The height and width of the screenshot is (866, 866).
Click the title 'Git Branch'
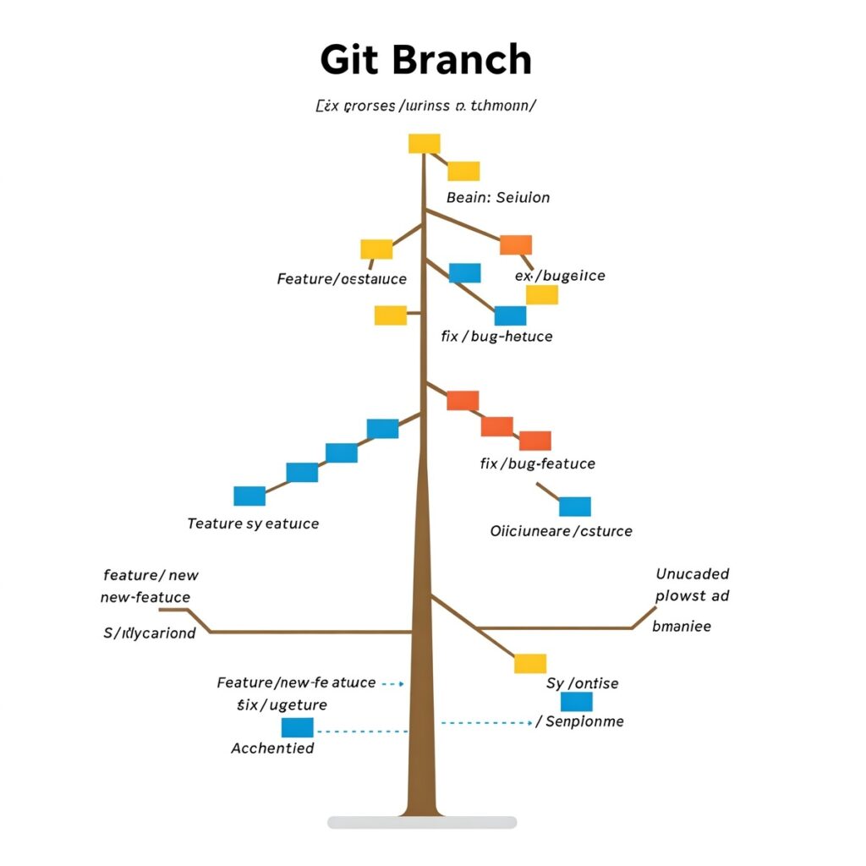click(x=425, y=61)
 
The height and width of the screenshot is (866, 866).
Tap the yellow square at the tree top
click(x=424, y=143)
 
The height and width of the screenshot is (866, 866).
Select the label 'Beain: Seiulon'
click(x=497, y=197)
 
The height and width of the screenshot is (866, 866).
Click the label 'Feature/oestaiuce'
click(x=342, y=278)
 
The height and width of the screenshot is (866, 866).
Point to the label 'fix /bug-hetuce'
click(x=496, y=336)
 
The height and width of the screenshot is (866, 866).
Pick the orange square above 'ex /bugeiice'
click(x=516, y=244)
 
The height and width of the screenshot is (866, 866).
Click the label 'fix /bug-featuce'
click(x=537, y=463)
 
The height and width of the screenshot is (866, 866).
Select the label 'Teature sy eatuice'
click(x=253, y=523)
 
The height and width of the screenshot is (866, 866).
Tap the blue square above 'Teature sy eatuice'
click(x=249, y=496)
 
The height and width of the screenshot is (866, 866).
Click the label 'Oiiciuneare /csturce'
click(x=561, y=531)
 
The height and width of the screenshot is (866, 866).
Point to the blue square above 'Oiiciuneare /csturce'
click(x=575, y=506)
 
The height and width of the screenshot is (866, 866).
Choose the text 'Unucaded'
click(x=692, y=573)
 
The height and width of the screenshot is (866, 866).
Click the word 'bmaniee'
click(x=682, y=626)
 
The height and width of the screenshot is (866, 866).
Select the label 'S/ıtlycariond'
click(x=149, y=633)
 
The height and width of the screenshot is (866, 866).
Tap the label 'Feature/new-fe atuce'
click(x=296, y=682)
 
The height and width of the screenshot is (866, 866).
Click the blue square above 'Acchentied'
click(x=297, y=727)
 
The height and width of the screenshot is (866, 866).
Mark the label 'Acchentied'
click(x=272, y=748)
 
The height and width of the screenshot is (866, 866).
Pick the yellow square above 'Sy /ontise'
click(x=530, y=663)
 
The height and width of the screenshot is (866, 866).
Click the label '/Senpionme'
click(x=580, y=721)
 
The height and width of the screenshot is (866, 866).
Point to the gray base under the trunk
click(x=422, y=822)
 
